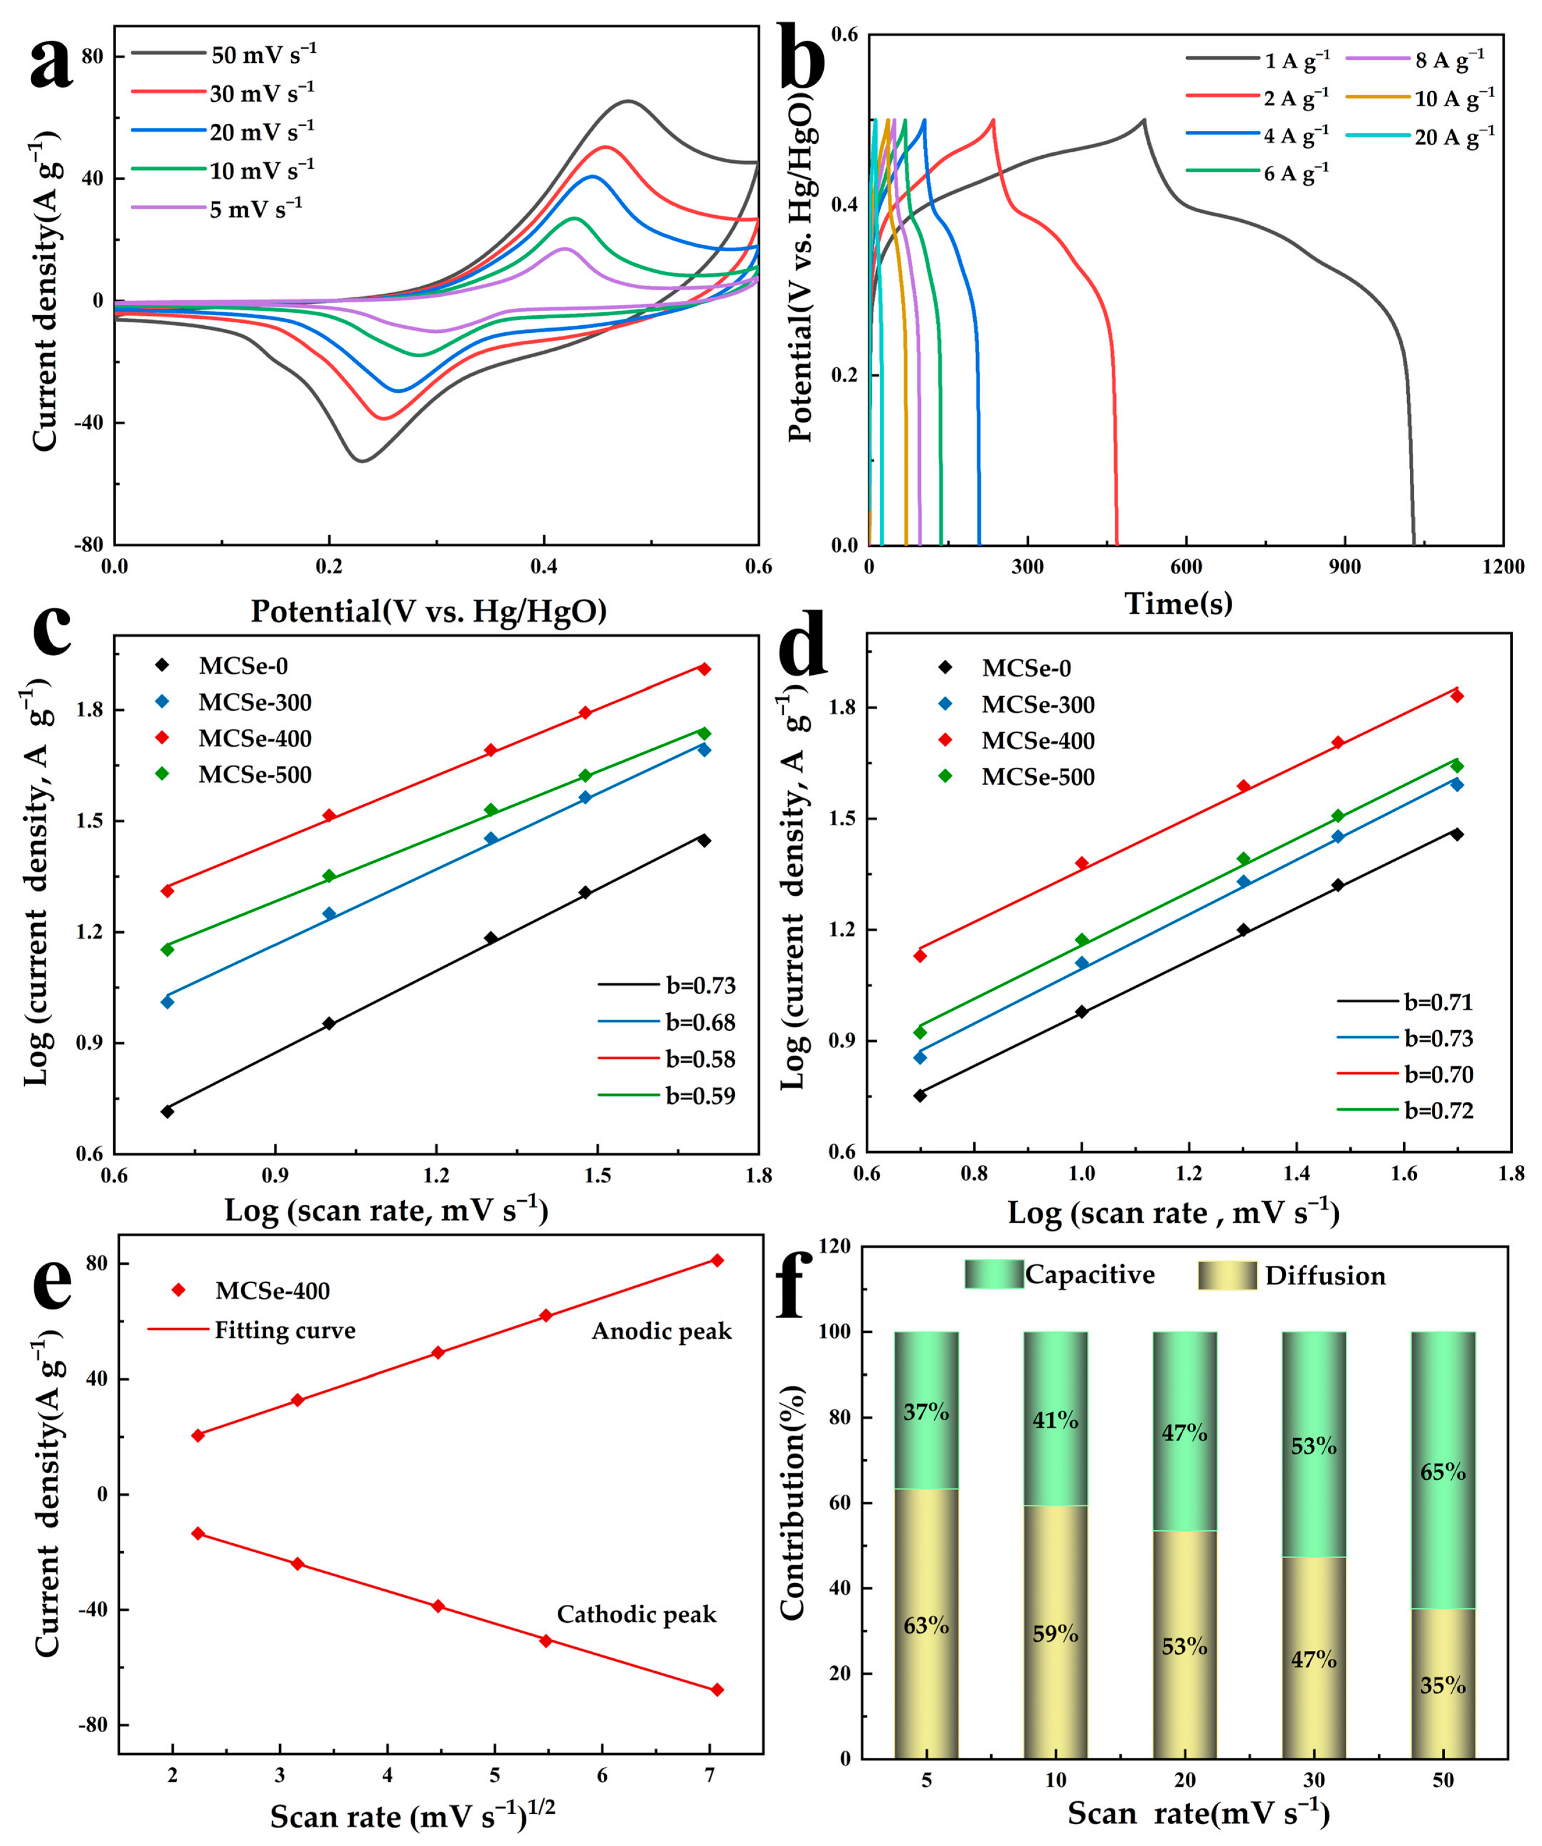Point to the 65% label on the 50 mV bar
(x=1442, y=1472)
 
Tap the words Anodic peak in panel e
(x=661, y=1331)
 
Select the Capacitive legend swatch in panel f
(x=993, y=1275)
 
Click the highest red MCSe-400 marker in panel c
(x=704, y=669)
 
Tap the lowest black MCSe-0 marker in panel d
(x=920, y=1095)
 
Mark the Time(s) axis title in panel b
(x=1178, y=603)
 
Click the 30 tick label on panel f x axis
(x=1313, y=1780)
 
